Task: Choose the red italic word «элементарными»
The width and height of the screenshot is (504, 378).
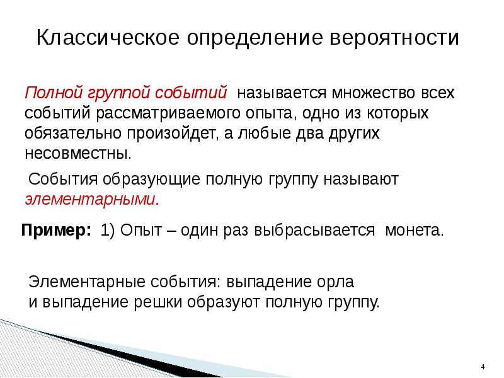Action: [x=92, y=199]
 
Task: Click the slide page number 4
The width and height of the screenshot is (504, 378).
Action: [x=482, y=367]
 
